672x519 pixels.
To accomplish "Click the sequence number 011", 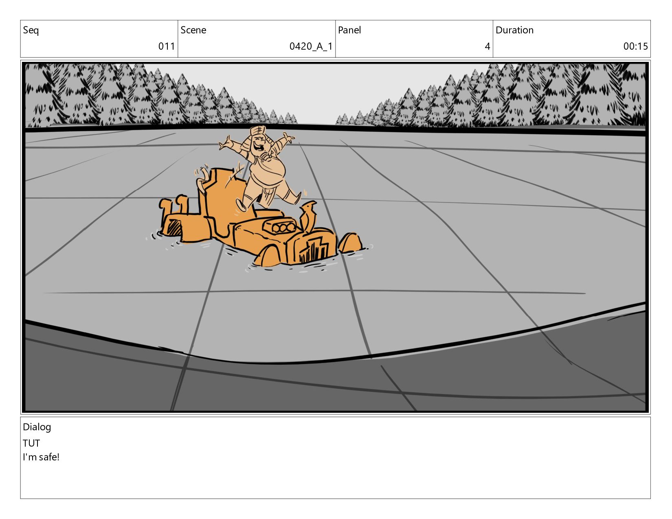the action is [x=167, y=46].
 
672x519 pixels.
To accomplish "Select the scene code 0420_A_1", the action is [x=311, y=46].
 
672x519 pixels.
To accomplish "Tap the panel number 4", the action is [x=488, y=46].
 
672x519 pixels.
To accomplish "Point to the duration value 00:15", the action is [x=635, y=46].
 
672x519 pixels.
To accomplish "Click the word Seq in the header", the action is [x=31, y=30].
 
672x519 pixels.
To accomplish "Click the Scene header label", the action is [x=193, y=30].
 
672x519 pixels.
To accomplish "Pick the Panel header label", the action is [x=349, y=30].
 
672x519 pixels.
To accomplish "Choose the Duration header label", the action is [x=515, y=30].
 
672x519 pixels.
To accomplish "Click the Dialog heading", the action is [x=37, y=427].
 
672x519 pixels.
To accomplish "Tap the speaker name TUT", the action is [x=31, y=443].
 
